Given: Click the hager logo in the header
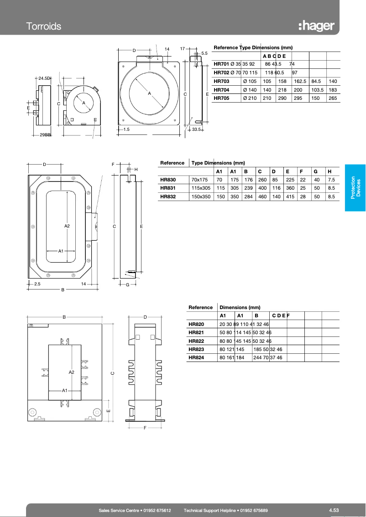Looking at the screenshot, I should coord(316,26).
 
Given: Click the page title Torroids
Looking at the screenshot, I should coord(43,26).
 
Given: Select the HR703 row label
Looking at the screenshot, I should coord(221,81).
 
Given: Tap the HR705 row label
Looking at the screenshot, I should coord(221,98).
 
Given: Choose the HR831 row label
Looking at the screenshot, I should coord(168,187).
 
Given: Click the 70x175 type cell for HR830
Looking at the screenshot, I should coord(199,179).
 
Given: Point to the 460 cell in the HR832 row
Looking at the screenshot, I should coord(262,196).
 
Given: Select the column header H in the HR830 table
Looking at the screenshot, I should coord(329,171).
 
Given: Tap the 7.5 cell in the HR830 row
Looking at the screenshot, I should coord(331,179).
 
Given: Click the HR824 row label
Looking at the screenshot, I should coord(196,357).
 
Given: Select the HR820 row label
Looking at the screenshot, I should coord(196,324).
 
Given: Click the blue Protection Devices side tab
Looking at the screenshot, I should coord(355,187).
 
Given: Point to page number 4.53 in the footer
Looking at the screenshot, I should coord(333,510).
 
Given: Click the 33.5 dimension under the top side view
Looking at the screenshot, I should coord(197,130).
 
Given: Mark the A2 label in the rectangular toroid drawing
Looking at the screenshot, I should coord(67,226).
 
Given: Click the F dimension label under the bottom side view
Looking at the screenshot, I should coord(145,428).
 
